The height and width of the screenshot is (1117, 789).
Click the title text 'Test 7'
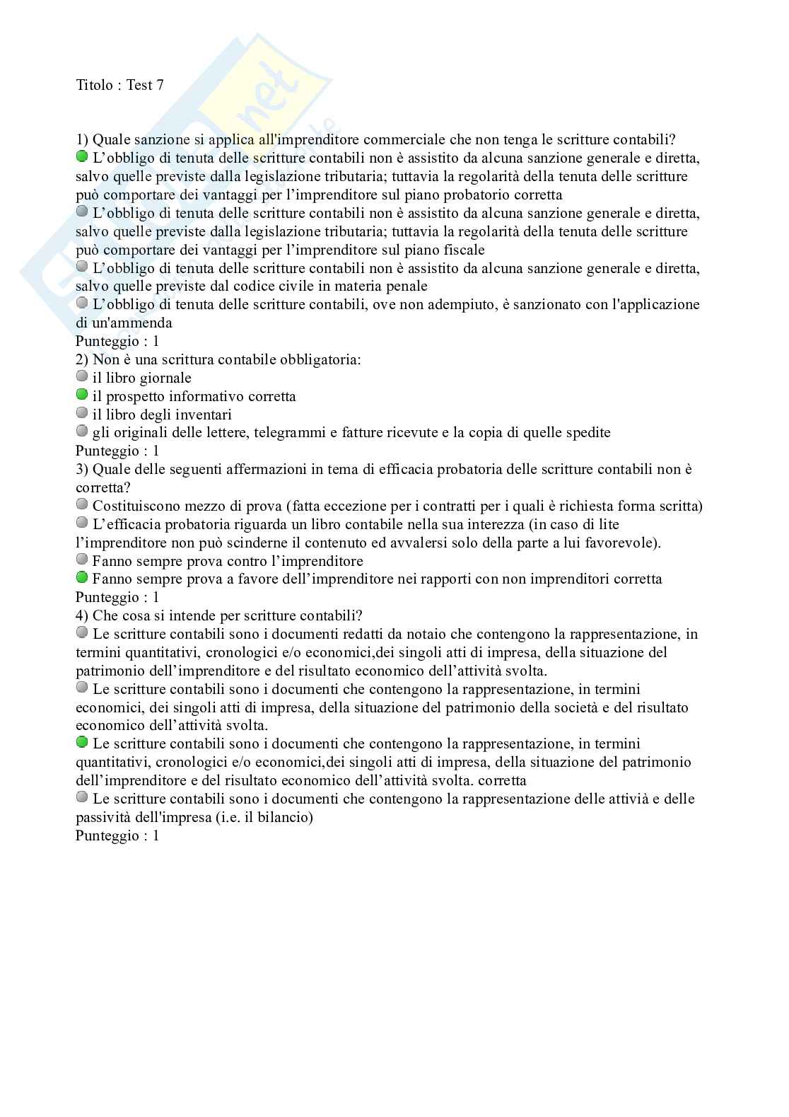click(145, 85)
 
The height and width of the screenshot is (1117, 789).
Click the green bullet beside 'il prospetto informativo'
click(82, 395)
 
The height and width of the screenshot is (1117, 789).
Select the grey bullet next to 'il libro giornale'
click(82, 376)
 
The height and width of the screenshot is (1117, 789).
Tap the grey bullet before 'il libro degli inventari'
click(82, 413)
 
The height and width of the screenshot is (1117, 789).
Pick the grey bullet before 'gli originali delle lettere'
click(82, 432)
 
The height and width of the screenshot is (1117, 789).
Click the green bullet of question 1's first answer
click(82, 156)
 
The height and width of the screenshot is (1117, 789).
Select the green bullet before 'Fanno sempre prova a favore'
click(82, 578)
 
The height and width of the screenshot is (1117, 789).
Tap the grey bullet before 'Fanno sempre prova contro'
click(82, 560)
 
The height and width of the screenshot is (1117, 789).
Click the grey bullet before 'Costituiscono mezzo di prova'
click(82, 504)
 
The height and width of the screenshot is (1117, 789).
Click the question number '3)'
click(82, 469)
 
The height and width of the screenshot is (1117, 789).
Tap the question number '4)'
click(82, 615)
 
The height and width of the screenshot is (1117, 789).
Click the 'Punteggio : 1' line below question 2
click(117, 451)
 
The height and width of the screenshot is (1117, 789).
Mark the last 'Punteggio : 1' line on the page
click(117, 835)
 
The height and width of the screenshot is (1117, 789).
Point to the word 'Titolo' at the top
click(94, 85)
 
